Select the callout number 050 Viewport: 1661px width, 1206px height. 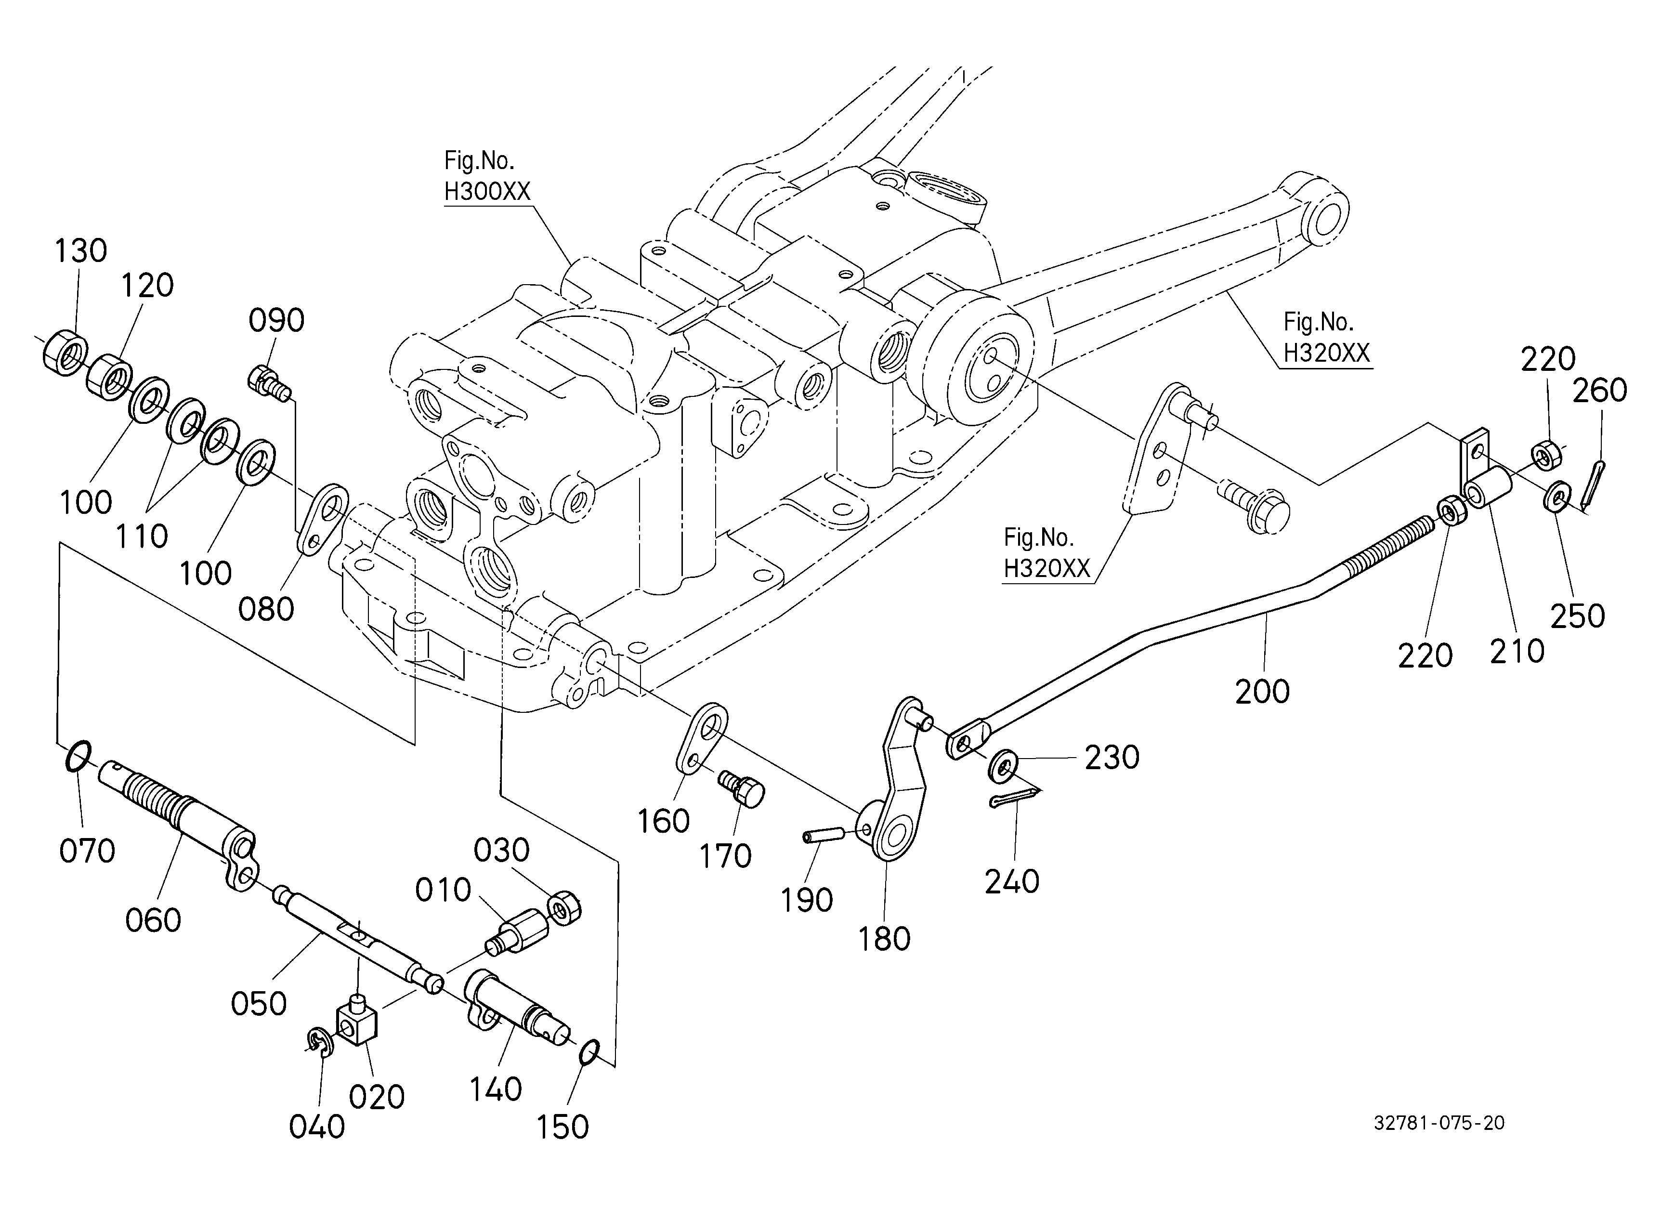point(259,1003)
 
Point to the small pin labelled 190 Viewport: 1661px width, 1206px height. point(820,836)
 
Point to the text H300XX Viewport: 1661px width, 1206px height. point(487,192)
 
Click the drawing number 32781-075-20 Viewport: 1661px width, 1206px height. point(1439,1123)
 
